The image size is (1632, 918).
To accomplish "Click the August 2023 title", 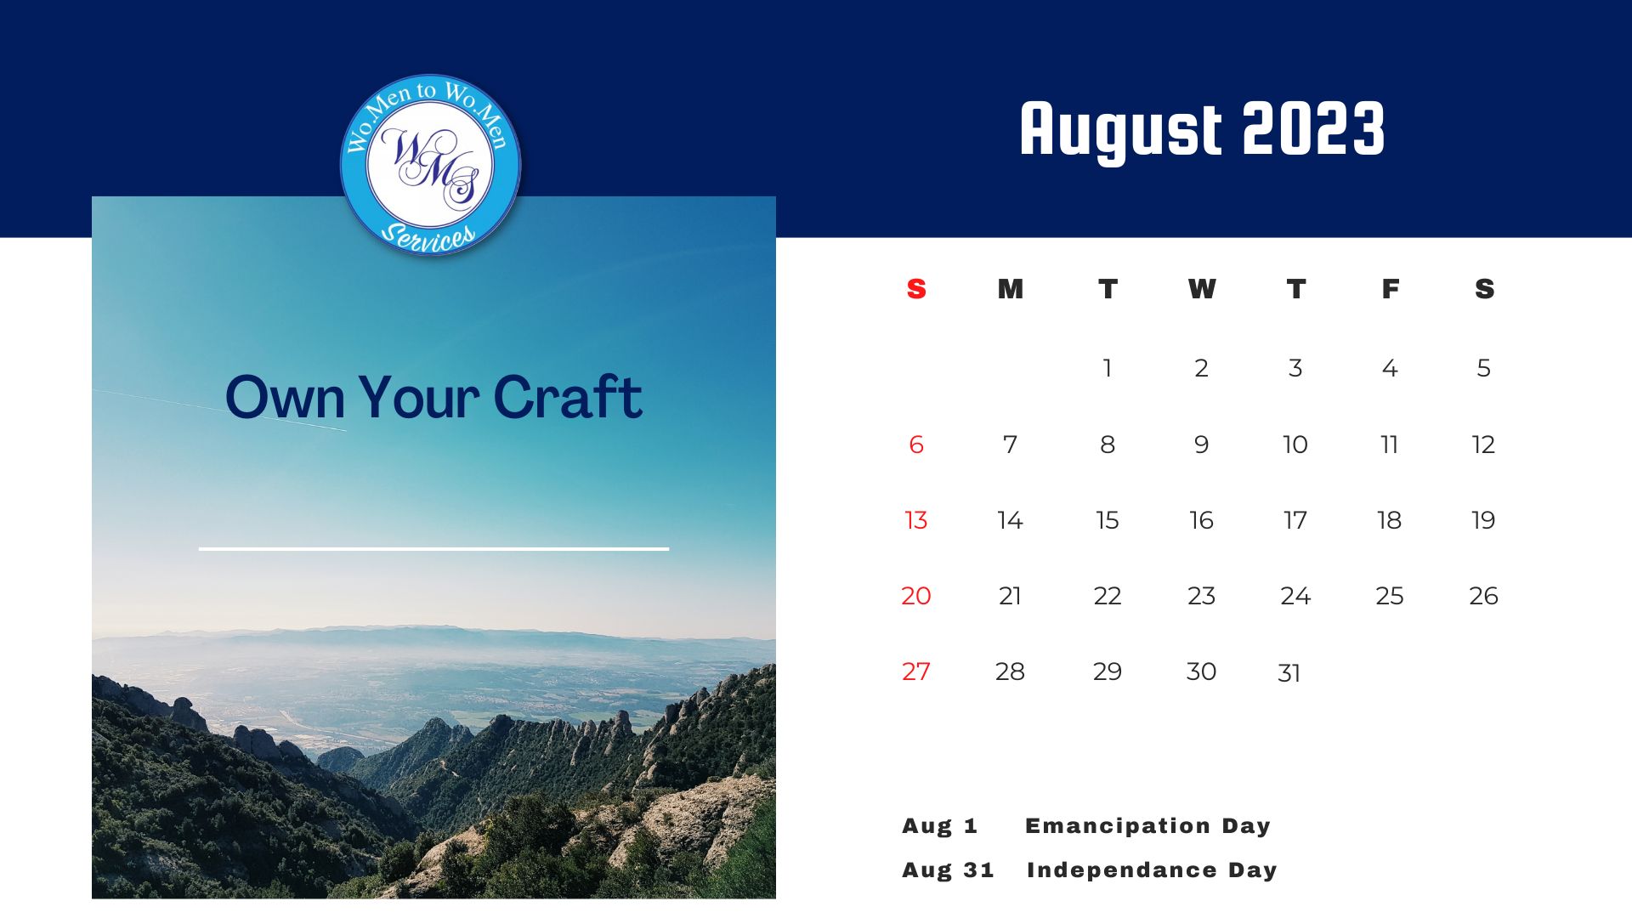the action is (x=1202, y=130).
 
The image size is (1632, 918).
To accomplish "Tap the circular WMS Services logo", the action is (x=430, y=165).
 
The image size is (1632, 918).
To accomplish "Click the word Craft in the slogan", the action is (x=567, y=397).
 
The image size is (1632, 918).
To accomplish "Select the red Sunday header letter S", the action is (x=916, y=289).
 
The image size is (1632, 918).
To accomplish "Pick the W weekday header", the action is (x=1202, y=289).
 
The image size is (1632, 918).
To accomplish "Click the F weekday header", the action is (x=1390, y=289).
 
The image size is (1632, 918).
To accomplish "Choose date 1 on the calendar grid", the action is (x=1107, y=368).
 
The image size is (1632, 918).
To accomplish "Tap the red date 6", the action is (x=916, y=445).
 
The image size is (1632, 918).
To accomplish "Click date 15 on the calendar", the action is (x=1107, y=520).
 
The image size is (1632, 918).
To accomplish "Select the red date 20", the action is (x=916, y=596).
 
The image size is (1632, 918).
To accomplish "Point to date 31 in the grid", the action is (x=1289, y=673).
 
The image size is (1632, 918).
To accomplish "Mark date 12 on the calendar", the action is (x=1483, y=445).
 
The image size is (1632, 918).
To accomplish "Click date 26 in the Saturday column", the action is (x=1483, y=596).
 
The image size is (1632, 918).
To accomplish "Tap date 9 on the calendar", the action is (x=1201, y=445).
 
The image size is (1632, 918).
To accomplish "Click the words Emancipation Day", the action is (x=1147, y=826).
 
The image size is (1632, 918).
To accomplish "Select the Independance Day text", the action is (x=1152, y=870).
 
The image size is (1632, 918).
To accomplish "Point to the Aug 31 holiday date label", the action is (x=948, y=870).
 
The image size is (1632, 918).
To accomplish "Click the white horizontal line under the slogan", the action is (x=433, y=549).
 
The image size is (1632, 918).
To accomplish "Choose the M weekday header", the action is (x=1010, y=289).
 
